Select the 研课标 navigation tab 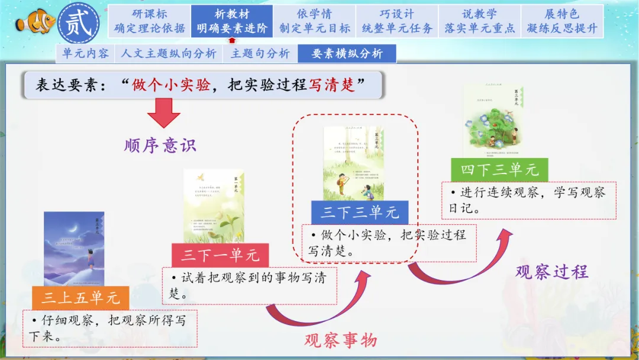(149, 21)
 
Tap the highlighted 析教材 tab (232, 21)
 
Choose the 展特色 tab (562, 21)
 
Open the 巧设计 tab (397, 21)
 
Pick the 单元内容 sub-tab (86, 53)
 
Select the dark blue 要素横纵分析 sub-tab (347, 53)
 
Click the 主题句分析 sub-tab (260, 53)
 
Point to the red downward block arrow (163, 112)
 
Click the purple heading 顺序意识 (160, 146)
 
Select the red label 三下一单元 (220, 255)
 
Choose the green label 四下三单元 (499, 170)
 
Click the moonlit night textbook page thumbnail (74, 249)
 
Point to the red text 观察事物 (340, 340)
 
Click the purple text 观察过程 (551, 272)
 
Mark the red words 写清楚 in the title (332, 85)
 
